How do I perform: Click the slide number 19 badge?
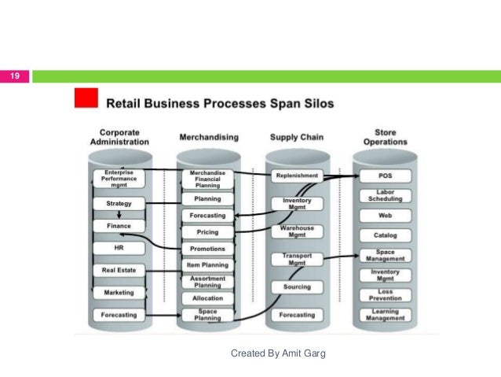point(14,76)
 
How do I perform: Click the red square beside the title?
point(85,98)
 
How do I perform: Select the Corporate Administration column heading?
point(119,137)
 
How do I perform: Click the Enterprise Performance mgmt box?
point(119,178)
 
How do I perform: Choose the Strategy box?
point(119,204)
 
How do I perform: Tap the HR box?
point(119,248)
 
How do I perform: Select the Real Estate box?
point(119,270)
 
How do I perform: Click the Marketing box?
point(119,292)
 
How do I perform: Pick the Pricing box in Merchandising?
point(207,232)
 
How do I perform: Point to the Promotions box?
point(207,249)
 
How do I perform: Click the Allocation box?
point(207,298)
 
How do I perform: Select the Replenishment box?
point(297,176)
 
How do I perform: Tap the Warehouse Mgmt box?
point(297,231)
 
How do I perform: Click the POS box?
point(385,176)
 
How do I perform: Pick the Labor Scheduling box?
point(385,195)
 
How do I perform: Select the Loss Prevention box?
point(385,295)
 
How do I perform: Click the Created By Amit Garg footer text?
point(278,353)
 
